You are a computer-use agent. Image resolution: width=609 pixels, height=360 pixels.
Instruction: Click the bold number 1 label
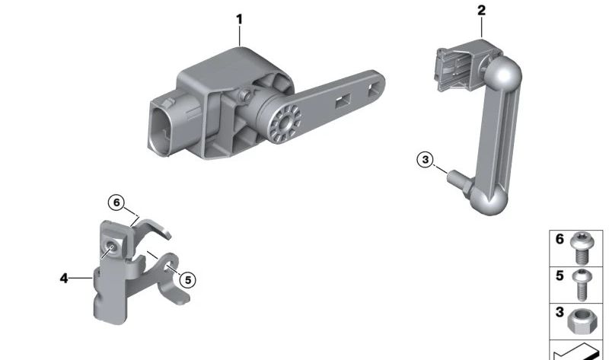(x=240, y=19)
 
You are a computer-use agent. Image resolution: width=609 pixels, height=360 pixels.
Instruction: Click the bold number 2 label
(x=482, y=10)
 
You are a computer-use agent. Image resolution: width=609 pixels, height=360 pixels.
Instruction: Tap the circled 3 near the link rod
(x=426, y=160)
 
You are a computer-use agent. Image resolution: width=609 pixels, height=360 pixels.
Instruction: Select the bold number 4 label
(x=64, y=278)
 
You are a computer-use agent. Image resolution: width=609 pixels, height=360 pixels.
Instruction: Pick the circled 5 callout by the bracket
(x=188, y=279)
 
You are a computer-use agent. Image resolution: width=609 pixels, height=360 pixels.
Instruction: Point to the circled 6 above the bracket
(x=116, y=202)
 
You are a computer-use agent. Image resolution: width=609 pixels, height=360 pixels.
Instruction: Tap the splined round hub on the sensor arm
(x=285, y=123)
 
